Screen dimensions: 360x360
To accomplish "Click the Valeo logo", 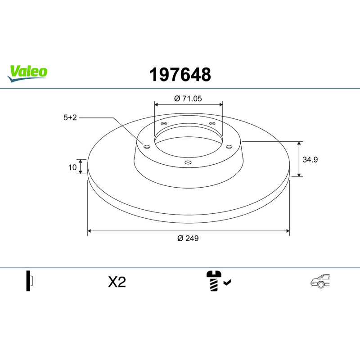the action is [x=27, y=73].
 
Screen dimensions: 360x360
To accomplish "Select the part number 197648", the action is [x=180, y=75].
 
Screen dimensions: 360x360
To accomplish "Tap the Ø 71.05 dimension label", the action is [x=188, y=99].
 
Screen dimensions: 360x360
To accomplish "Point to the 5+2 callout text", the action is [x=70, y=117].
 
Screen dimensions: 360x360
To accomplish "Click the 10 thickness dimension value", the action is [x=72, y=167].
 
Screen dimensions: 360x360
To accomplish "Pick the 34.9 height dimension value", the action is [x=310, y=160].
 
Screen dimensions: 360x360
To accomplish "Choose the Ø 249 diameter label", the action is [x=188, y=238].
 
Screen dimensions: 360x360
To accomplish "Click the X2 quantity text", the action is [x=117, y=282].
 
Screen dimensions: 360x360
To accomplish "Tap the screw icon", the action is [x=214, y=281].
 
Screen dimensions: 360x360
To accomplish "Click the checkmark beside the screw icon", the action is [x=227, y=283].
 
